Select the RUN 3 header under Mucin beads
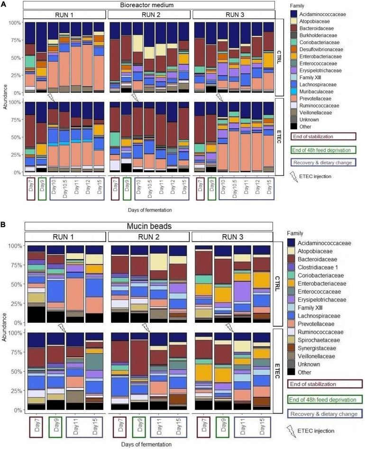(x=233, y=236)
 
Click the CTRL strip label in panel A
(x=279, y=56)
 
